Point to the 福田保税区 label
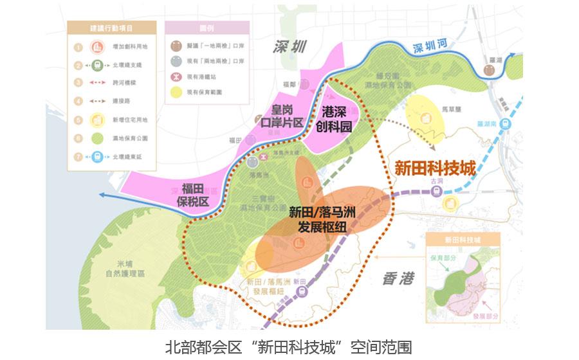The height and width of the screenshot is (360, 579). click(x=195, y=194)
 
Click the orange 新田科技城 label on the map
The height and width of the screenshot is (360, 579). click(x=434, y=168)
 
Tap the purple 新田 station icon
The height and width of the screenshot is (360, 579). click(x=300, y=291)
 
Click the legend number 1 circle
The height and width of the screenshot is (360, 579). click(x=78, y=47)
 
